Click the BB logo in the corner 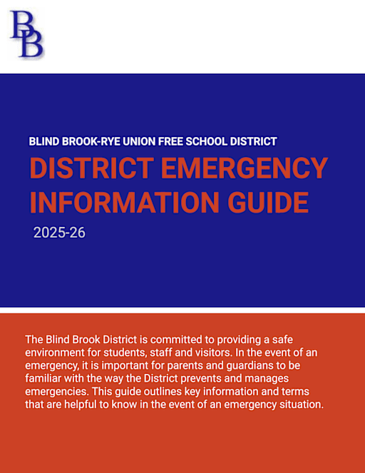click(x=26, y=34)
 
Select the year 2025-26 click(x=59, y=233)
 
